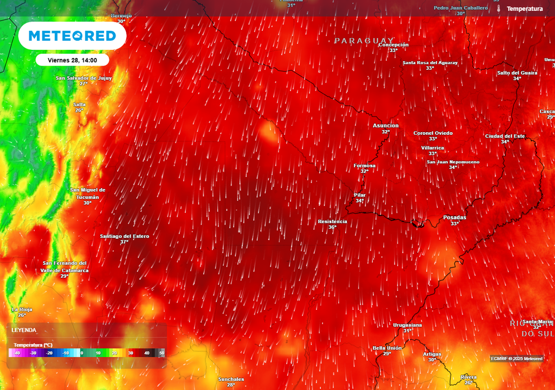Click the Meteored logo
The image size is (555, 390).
pyautogui.click(x=72, y=36)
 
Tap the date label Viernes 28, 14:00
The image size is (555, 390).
pyautogui.click(x=72, y=60)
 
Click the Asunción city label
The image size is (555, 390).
pyautogui.click(x=385, y=126)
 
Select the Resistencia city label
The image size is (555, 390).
pyautogui.click(x=332, y=222)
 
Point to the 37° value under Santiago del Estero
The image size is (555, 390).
pyautogui.click(x=124, y=242)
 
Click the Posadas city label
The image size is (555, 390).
pyautogui.click(x=454, y=217)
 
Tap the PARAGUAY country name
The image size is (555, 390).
pyautogui.click(x=364, y=41)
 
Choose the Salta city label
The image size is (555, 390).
pyautogui.click(x=79, y=105)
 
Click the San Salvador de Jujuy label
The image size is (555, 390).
pyautogui.click(x=83, y=78)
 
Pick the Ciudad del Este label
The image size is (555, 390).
pyautogui.click(x=505, y=136)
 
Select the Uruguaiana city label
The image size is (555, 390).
pyautogui.click(x=407, y=325)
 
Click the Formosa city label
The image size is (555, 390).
pyautogui.click(x=364, y=166)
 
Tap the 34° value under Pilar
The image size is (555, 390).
pyautogui.click(x=359, y=201)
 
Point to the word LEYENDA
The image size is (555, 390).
pyautogui.click(x=24, y=330)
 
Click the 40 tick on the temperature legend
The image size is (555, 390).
pyautogui.click(x=146, y=353)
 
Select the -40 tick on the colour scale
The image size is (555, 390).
pyautogui.click(x=17, y=353)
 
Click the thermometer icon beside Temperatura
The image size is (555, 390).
pyautogui.click(x=498, y=9)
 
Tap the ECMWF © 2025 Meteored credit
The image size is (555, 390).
pyautogui.click(x=517, y=359)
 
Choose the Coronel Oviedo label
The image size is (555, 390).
pyautogui.click(x=433, y=133)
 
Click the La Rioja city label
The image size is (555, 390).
pyautogui.click(x=22, y=309)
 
